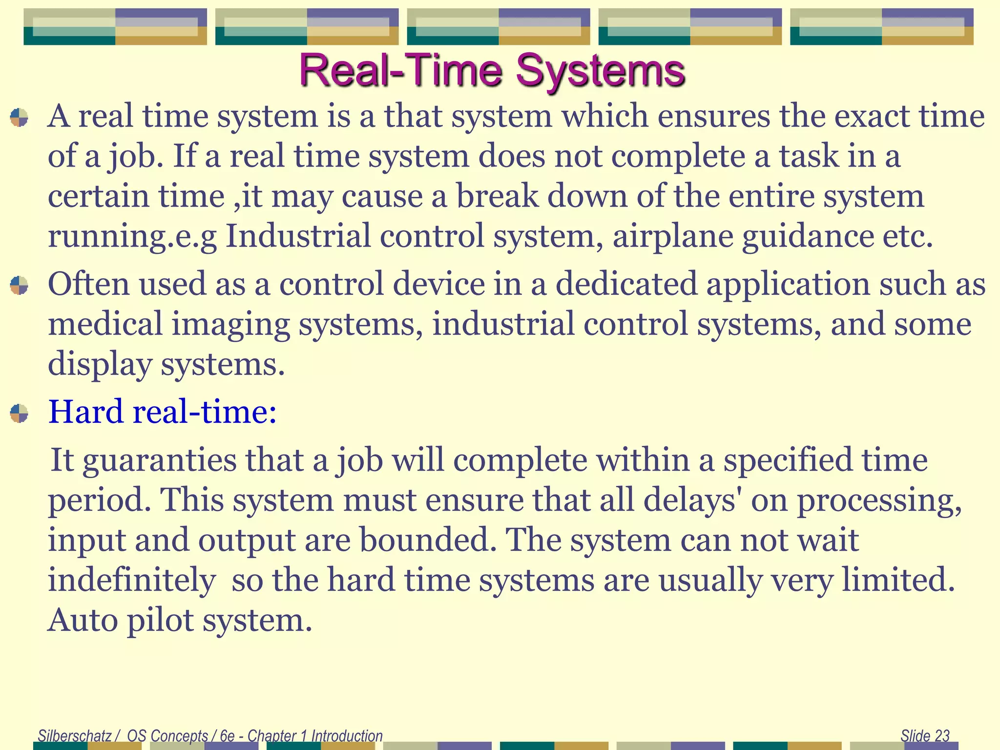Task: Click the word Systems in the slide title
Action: pos(600,71)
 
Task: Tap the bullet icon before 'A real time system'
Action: pos(19,117)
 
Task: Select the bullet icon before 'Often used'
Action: pos(19,285)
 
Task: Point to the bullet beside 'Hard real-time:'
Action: pos(19,413)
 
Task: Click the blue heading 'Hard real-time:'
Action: pos(162,411)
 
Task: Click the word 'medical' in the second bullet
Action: pos(105,324)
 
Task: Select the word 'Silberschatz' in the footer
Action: pos(75,735)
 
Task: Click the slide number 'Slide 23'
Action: pos(925,735)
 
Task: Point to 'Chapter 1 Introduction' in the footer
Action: pos(315,735)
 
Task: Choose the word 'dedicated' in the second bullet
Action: pos(626,284)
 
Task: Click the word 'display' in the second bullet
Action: pos(100,364)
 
